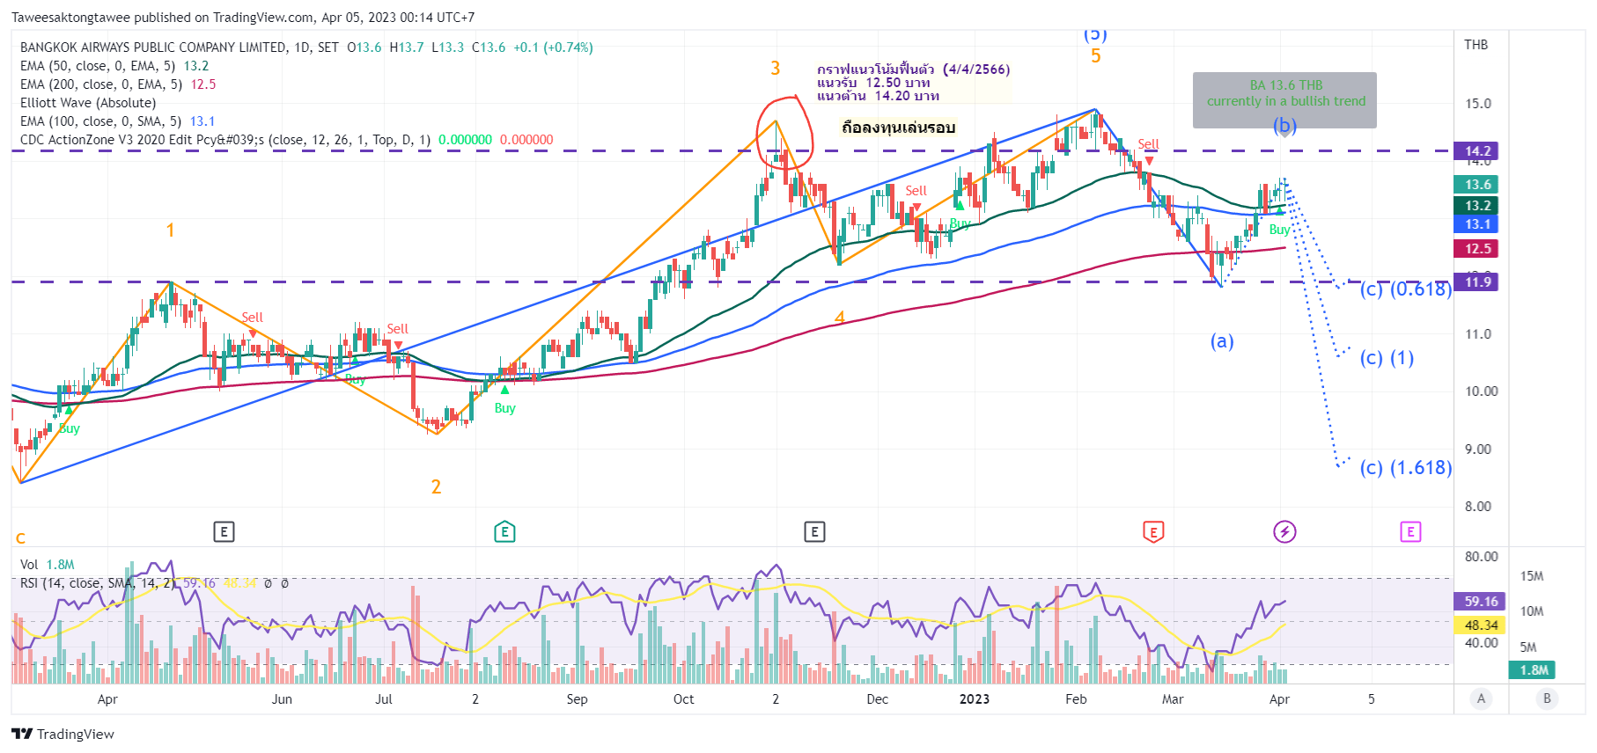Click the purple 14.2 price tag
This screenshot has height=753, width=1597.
(1478, 151)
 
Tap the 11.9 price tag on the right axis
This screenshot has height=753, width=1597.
(1478, 282)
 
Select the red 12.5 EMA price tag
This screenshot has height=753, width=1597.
(1478, 249)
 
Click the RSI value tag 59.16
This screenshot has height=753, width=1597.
(1481, 602)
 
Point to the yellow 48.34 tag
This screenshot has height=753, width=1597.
(1481, 625)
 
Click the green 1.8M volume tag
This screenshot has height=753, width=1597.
(1534, 670)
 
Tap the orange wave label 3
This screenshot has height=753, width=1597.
(775, 69)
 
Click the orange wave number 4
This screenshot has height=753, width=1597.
(839, 318)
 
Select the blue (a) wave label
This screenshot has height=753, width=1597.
(1222, 341)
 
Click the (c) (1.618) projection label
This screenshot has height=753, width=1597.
(1405, 468)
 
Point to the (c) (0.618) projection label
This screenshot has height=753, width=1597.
(1405, 289)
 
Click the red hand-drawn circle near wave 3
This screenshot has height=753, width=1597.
(784, 132)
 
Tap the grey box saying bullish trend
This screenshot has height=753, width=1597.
(1284, 100)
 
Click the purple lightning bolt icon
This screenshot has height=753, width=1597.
(1284, 531)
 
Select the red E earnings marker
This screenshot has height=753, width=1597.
(1152, 531)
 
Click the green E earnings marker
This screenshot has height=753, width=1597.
(504, 531)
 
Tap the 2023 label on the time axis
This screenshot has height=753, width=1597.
(974, 699)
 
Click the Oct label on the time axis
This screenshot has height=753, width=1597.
(683, 699)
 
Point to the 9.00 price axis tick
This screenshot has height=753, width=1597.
(1478, 450)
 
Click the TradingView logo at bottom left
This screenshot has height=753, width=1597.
(63, 735)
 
